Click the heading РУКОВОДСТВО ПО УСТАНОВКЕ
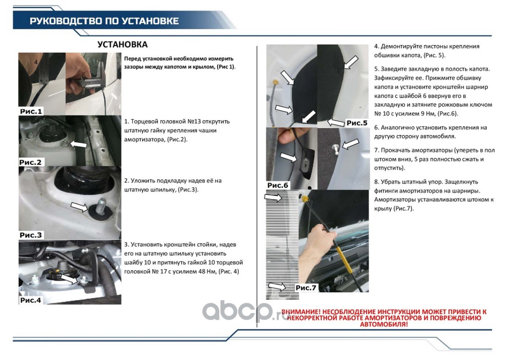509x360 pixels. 104,21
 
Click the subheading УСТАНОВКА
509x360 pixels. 122,45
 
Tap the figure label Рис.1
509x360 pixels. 31,112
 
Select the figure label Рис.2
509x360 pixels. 31,162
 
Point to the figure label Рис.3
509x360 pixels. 31,235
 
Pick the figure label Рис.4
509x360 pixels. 31,300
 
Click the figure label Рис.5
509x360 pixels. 357,123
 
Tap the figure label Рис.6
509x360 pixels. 277,185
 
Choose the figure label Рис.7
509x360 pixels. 306,288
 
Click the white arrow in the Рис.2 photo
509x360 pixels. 78,144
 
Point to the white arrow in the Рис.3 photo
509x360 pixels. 79,207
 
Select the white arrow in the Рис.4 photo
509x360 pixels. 69,279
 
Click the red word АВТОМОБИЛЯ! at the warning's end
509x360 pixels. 384,324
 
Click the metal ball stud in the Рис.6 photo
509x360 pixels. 335,149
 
